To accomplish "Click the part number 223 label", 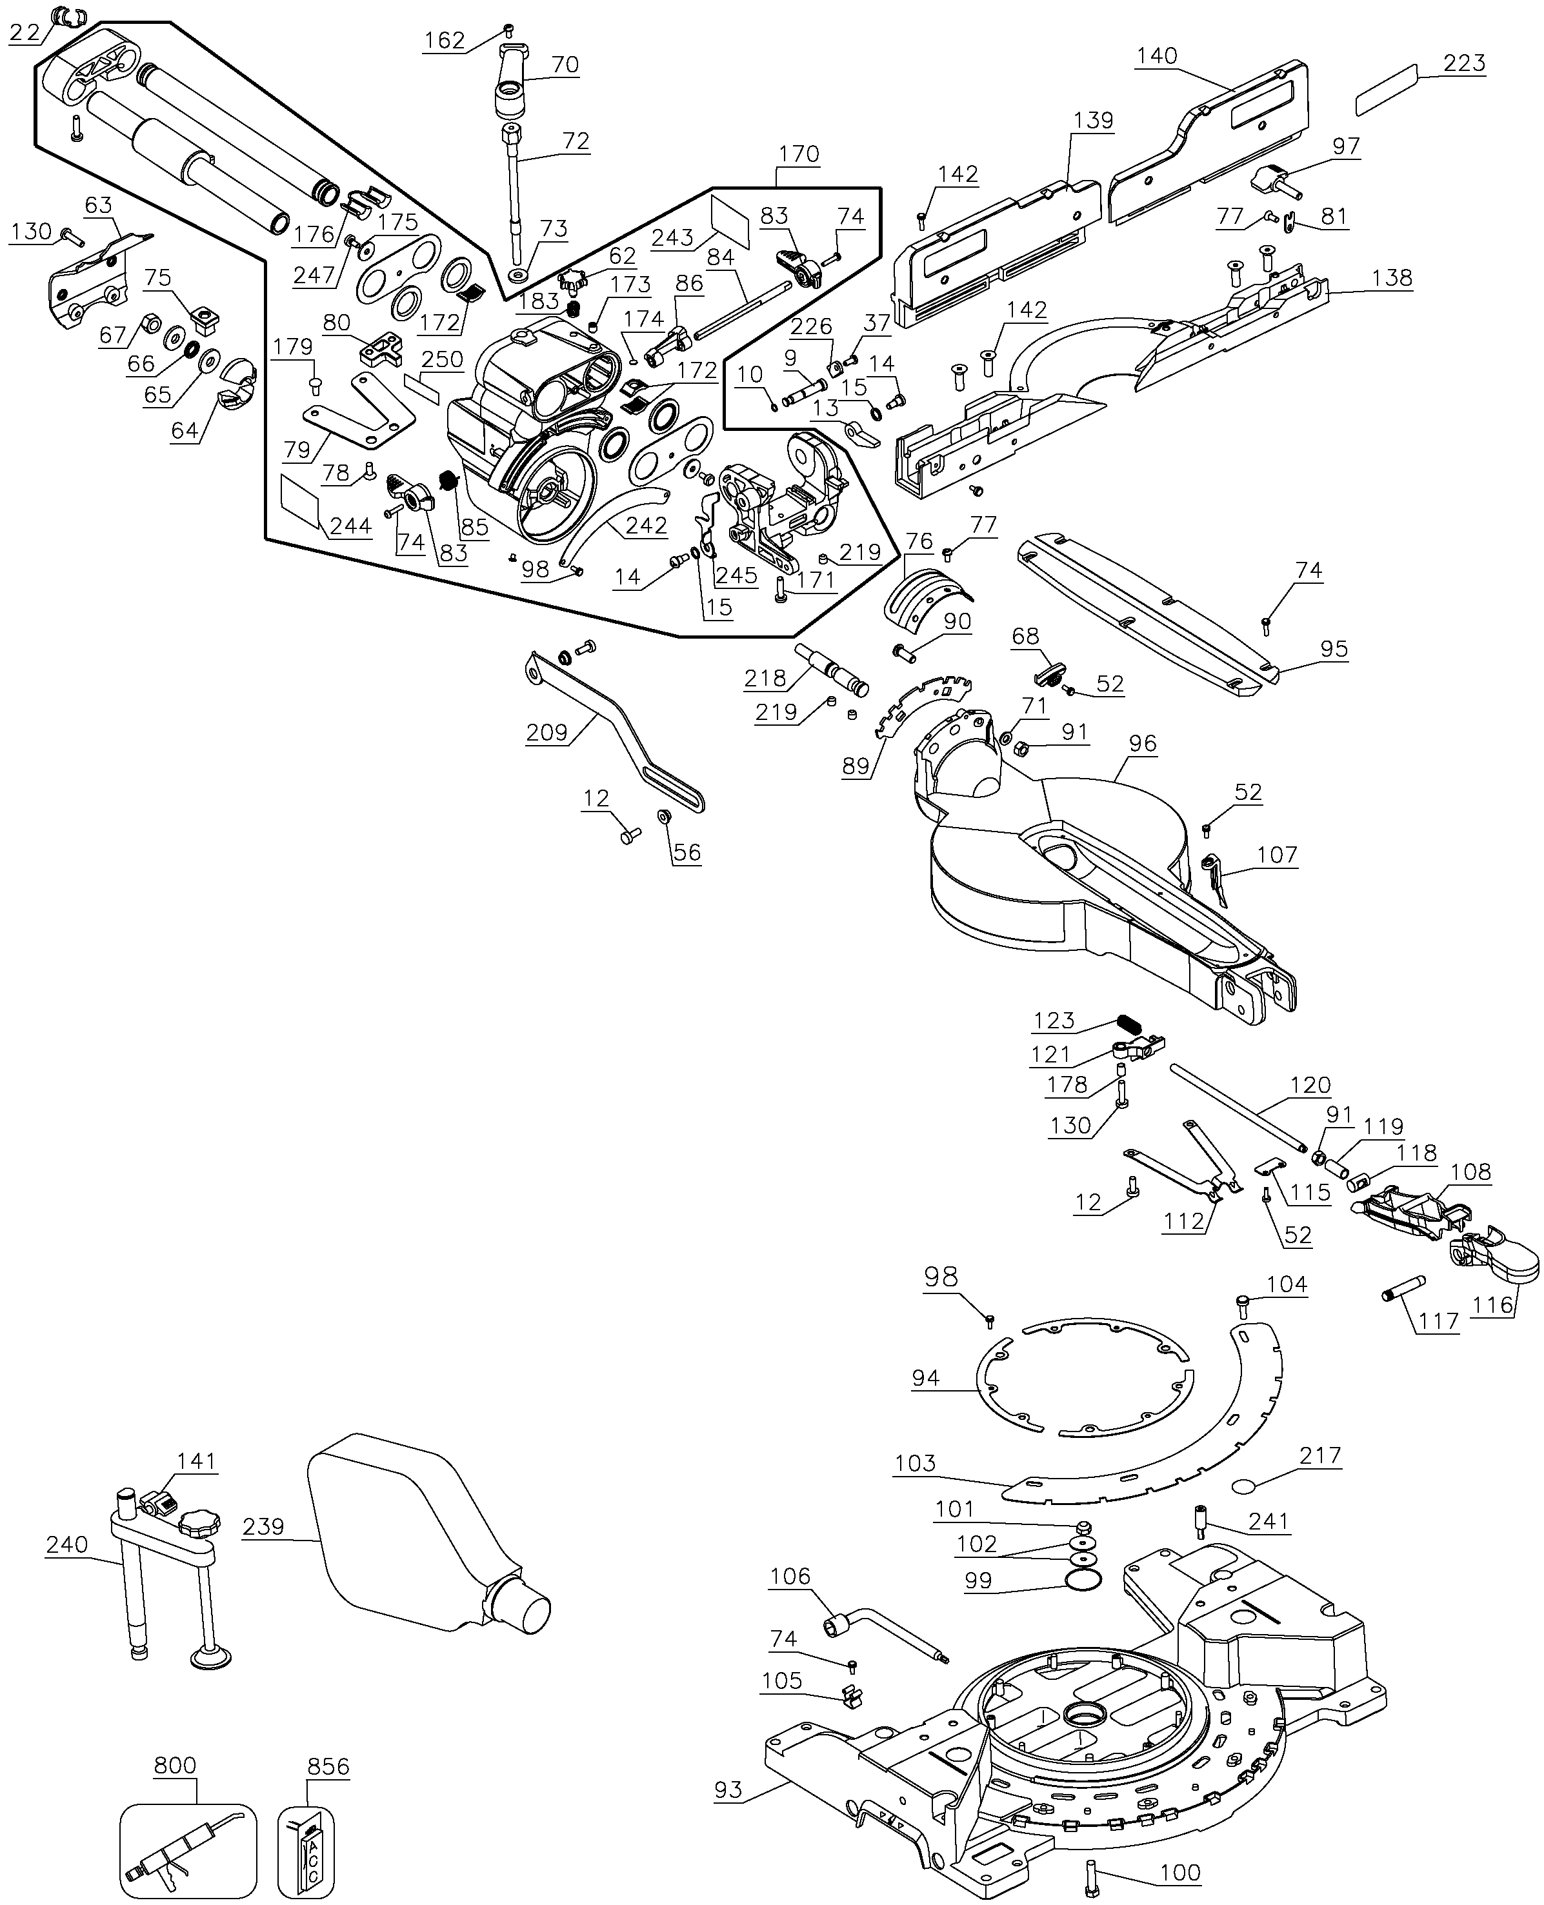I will click(x=1464, y=63).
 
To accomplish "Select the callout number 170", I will click(x=799, y=154).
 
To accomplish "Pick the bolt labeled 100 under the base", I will click(x=1093, y=1870).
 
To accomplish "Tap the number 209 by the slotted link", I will click(x=546, y=732).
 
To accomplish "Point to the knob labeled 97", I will click(x=1274, y=181).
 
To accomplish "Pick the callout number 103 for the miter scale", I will click(x=915, y=1463).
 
